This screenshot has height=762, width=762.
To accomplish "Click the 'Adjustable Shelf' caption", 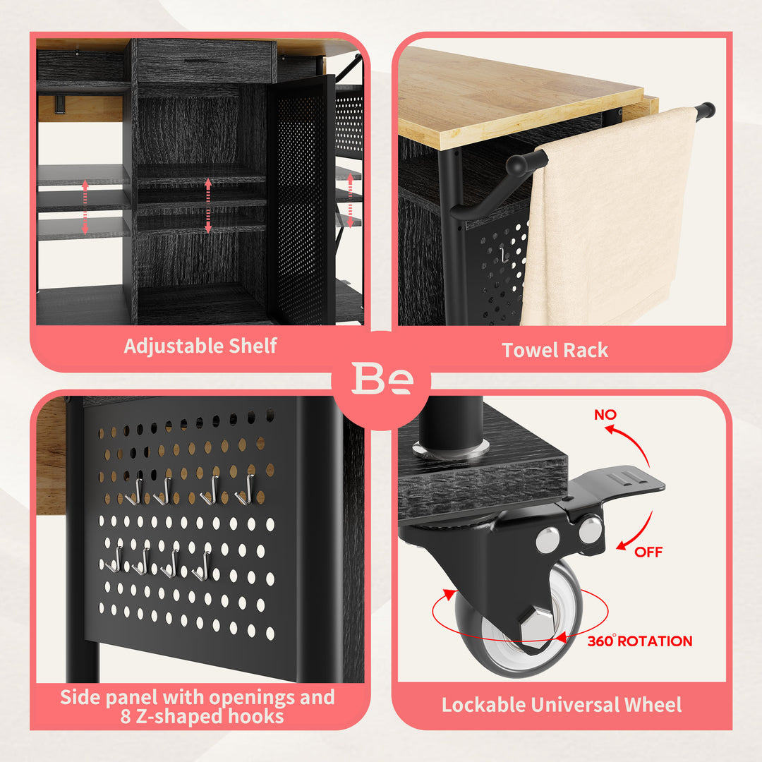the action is click(200, 346).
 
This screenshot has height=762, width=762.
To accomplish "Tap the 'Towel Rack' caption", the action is click(555, 350).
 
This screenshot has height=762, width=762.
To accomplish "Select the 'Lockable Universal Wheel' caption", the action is click(562, 705).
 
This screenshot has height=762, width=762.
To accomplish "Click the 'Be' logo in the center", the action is click(382, 378).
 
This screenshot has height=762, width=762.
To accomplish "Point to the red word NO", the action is click(605, 415).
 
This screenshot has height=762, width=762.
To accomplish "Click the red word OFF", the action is click(648, 552).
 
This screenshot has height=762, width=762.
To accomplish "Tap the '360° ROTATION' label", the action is click(639, 641).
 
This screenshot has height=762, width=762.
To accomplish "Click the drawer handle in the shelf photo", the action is click(204, 61).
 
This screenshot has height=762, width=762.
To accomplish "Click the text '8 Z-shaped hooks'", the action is click(202, 716).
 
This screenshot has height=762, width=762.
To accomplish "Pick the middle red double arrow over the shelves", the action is click(208, 205).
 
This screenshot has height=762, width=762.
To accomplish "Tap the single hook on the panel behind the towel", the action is click(504, 255).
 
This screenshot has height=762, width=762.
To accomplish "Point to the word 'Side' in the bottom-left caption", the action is click(80, 697).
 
